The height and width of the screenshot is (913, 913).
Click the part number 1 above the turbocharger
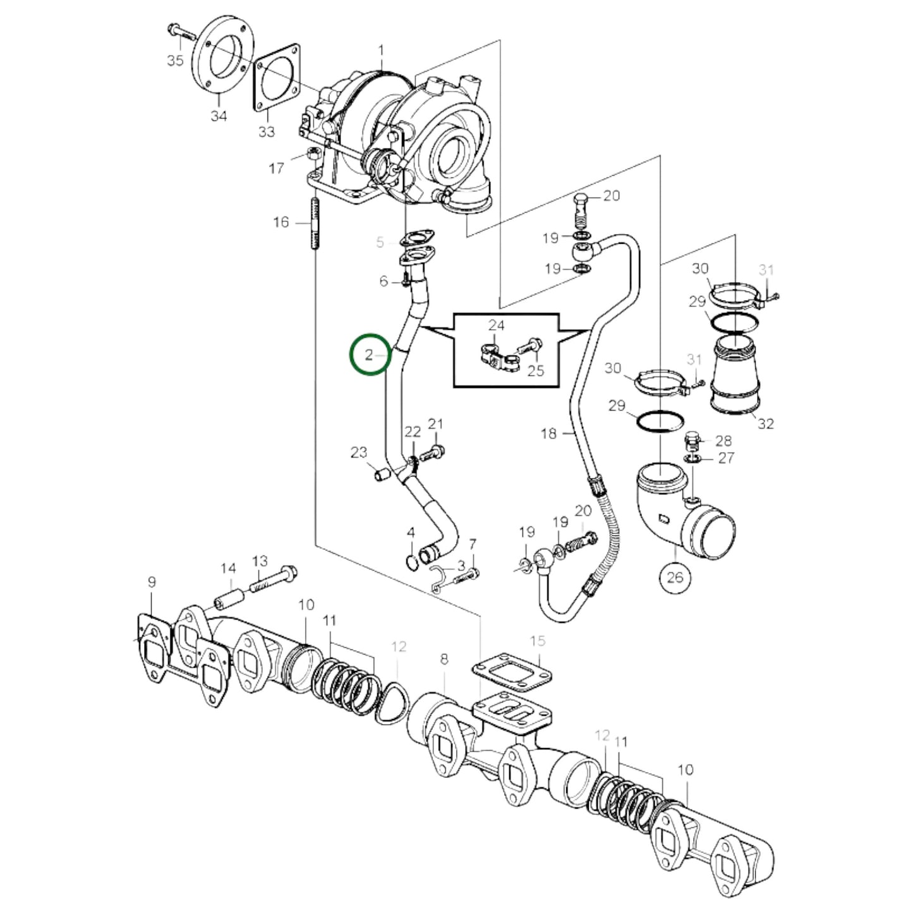[381, 50]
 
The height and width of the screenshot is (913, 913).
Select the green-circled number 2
[370, 354]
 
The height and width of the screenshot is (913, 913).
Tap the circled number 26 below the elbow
[675, 577]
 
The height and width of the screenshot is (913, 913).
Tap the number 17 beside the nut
[276, 168]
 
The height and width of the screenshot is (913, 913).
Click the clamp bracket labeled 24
[495, 356]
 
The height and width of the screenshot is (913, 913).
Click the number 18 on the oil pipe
[549, 433]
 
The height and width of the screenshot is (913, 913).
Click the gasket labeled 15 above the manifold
[511, 670]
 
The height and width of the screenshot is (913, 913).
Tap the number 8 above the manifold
[444, 659]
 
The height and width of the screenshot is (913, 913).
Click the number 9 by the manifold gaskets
[152, 582]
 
